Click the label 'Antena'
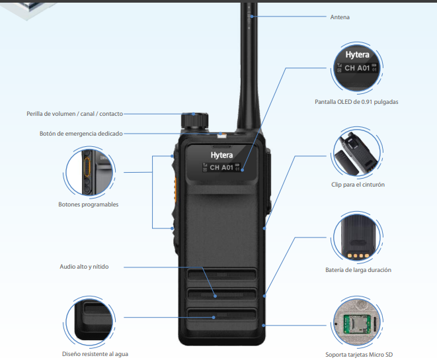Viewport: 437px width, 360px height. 340,17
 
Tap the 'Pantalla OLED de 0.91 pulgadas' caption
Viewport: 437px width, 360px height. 356,102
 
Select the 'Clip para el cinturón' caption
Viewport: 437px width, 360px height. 358,185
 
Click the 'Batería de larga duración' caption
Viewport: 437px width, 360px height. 358,269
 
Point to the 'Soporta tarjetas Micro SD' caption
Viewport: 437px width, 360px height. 358,355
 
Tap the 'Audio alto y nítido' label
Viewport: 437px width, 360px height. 84,267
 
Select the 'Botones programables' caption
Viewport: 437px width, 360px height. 89,204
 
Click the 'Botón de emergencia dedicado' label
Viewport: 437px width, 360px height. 81,134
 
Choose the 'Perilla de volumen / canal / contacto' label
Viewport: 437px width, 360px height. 75,114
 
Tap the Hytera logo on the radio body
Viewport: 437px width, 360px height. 222,154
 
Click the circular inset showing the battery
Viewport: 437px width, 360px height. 358,238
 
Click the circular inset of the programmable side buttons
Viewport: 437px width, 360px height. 90,172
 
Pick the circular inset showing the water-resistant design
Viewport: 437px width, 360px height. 89,320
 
